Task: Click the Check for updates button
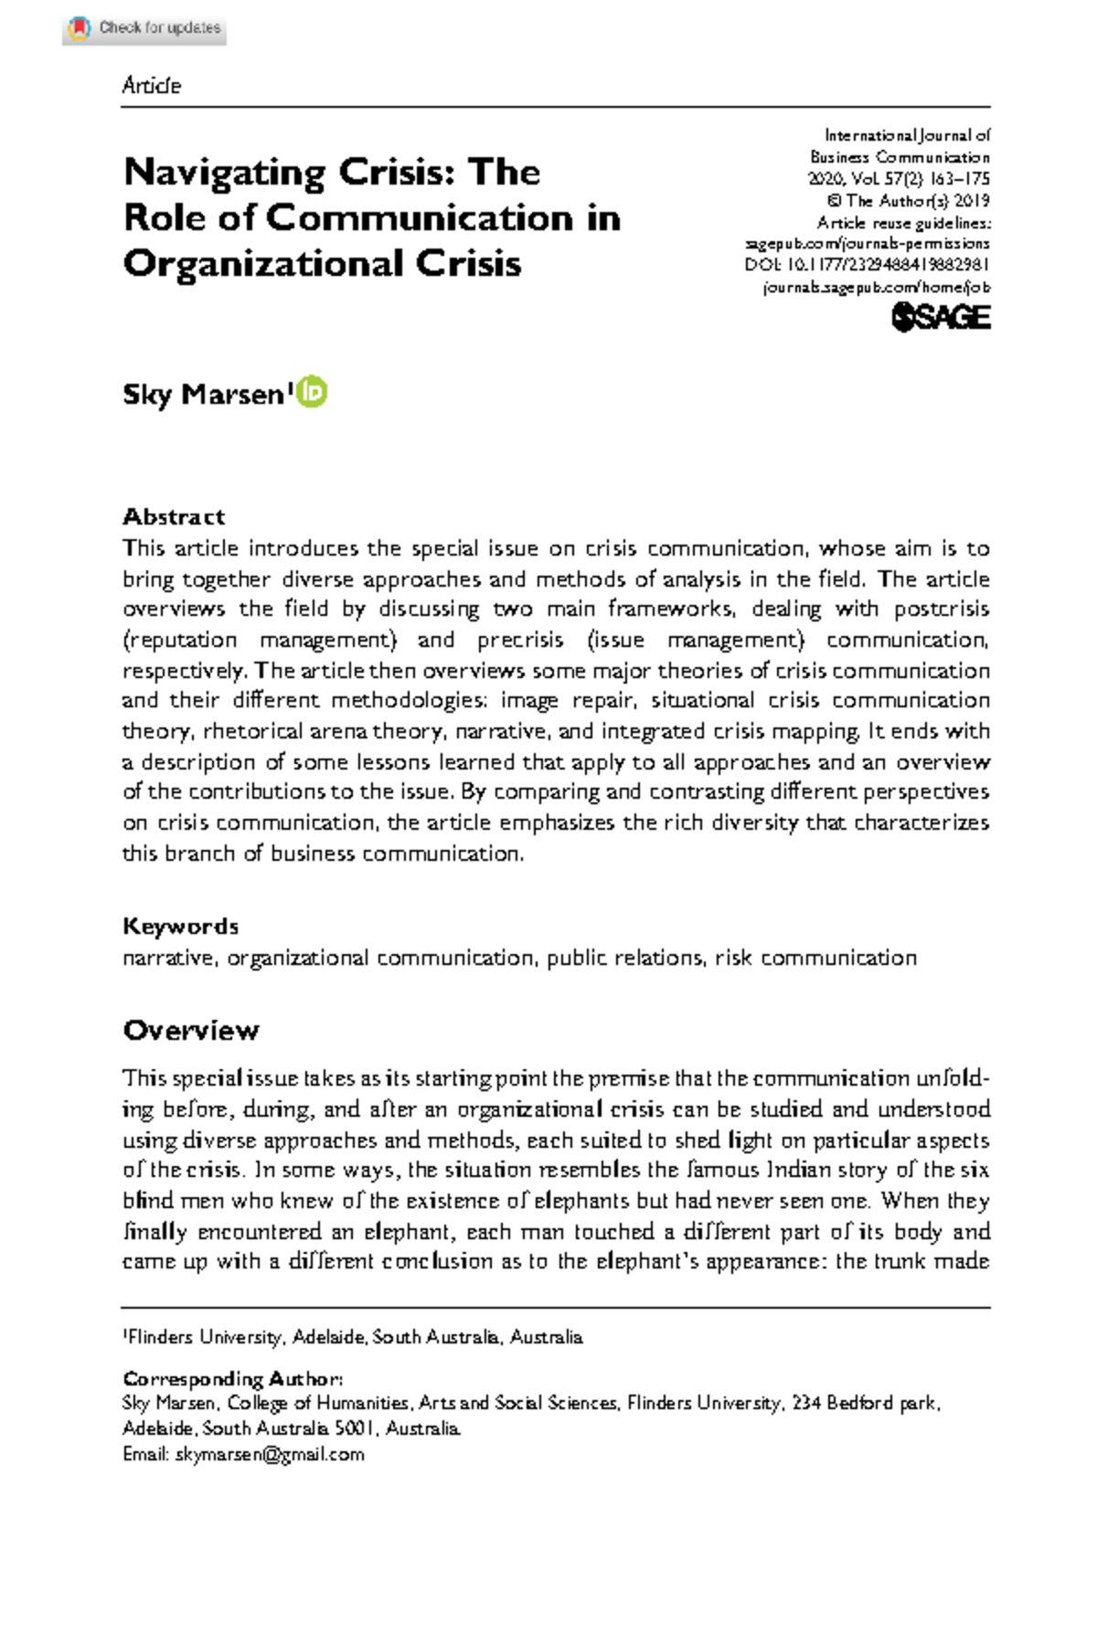[144, 28]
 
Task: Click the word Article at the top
[152, 86]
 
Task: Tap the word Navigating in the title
[223, 172]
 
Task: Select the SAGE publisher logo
[941, 317]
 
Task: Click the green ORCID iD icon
[313, 392]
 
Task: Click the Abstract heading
[174, 516]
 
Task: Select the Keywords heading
[180, 926]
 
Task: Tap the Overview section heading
[191, 1030]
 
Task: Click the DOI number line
[868, 265]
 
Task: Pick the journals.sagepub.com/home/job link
[876, 287]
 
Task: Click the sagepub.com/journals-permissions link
[868, 244]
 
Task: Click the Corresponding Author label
[233, 1378]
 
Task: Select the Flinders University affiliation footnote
[353, 1337]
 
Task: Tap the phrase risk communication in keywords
[815, 958]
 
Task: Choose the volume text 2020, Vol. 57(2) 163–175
[899, 179]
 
